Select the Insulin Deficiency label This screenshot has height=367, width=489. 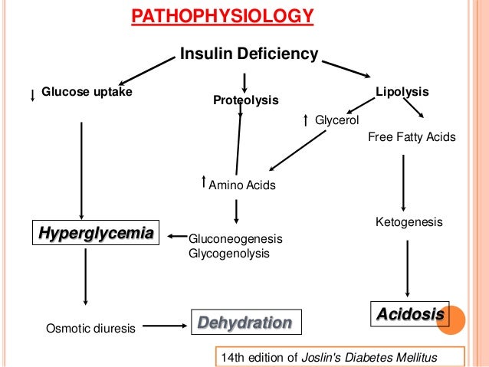(x=248, y=54)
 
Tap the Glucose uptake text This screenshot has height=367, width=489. (x=87, y=93)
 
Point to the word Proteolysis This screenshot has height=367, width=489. (x=245, y=100)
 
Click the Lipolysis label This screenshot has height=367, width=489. (x=402, y=92)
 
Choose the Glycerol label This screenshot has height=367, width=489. (x=337, y=120)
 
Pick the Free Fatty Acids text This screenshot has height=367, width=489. (x=412, y=138)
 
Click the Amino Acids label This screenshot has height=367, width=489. (x=242, y=185)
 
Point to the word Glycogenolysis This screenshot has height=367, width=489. (x=229, y=253)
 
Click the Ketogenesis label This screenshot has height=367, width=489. (x=409, y=222)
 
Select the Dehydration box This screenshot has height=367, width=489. (x=245, y=322)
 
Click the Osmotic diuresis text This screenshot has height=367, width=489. (x=92, y=329)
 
